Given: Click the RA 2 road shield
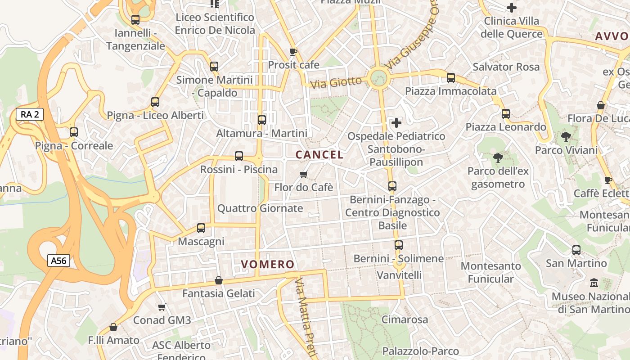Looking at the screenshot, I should tap(30, 114).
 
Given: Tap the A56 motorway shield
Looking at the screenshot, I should tap(58, 261).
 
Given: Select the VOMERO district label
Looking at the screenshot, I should tap(268, 265).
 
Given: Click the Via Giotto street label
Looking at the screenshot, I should tap(336, 82).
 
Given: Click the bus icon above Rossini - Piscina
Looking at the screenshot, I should tap(239, 156).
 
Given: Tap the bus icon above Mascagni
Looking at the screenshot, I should tap(201, 228).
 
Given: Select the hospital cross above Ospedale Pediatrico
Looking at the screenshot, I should tap(396, 122).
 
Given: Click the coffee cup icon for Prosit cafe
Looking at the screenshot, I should tap(293, 52).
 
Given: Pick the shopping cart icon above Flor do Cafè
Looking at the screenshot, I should tap(304, 174).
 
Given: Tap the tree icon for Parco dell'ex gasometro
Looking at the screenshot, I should tap(498, 158).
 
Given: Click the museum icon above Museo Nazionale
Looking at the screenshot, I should tap(594, 283).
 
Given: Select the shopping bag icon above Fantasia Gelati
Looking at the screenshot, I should tap(219, 280).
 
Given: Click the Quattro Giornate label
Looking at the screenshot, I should tap(260, 208).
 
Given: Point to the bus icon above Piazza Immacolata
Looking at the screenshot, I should tap(451, 78).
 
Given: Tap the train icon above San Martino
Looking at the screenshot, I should tap(576, 250).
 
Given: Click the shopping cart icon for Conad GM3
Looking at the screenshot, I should tap(162, 307).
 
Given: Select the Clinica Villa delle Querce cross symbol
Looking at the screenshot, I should tap(511, 8).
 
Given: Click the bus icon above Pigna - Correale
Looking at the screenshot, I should tap(74, 132).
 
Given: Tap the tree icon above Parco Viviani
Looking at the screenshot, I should tap(566, 137).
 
